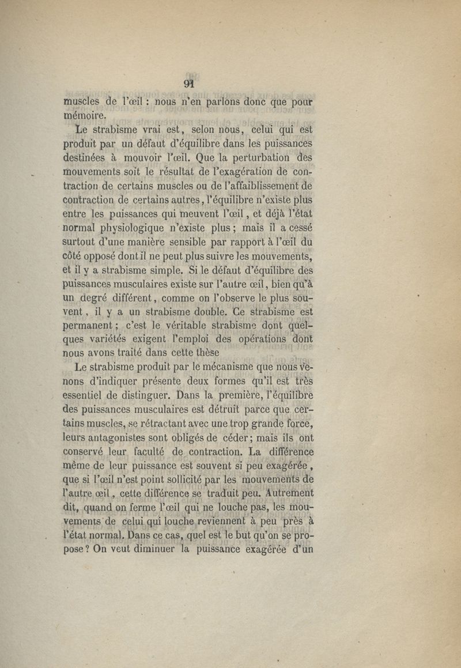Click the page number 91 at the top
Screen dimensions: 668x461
(x=188, y=82)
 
